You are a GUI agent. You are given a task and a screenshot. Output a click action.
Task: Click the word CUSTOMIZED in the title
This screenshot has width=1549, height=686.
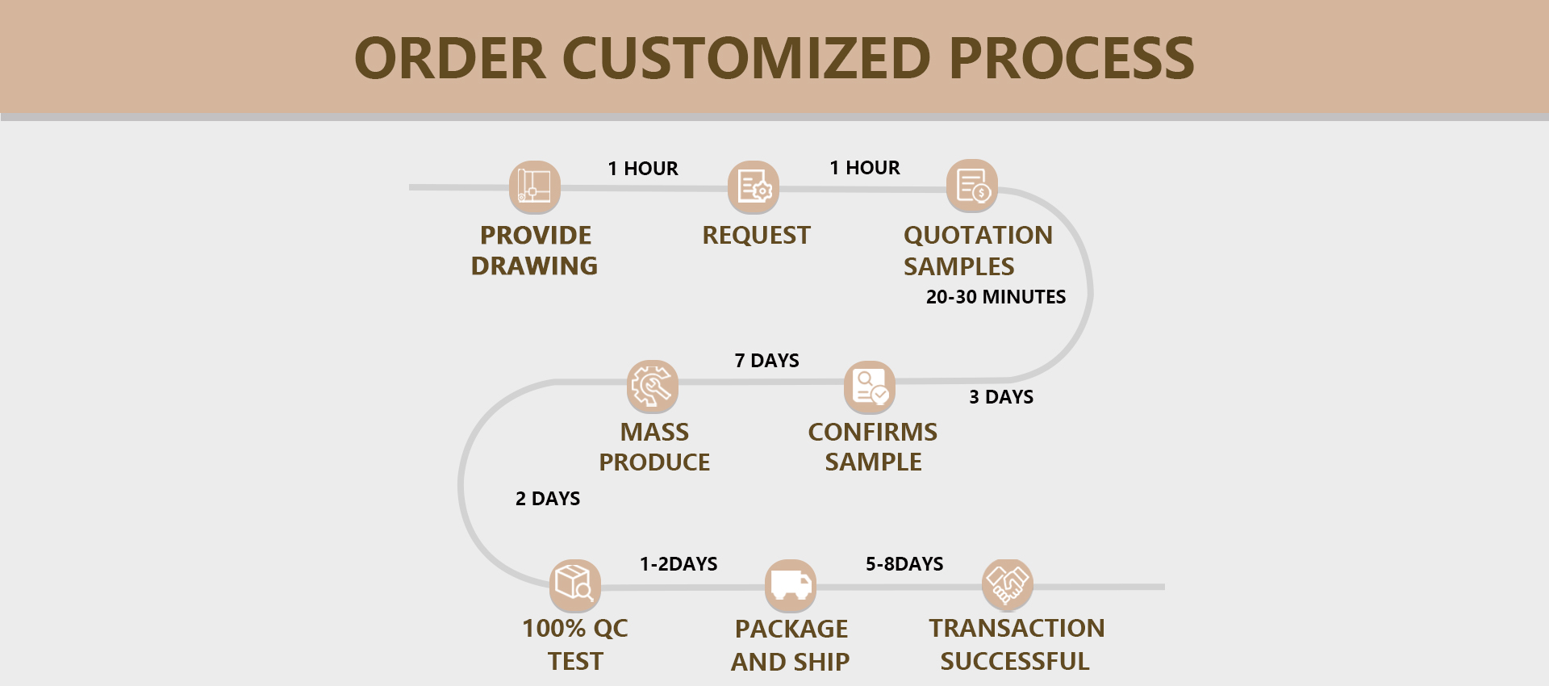746,58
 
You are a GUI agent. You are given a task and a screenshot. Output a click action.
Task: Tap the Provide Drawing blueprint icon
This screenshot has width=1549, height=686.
534,186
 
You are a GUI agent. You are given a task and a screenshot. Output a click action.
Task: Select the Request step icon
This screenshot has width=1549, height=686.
754,187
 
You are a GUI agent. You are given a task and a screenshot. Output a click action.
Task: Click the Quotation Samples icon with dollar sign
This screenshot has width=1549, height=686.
972,186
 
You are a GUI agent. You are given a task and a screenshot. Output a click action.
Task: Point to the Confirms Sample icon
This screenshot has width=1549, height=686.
870,386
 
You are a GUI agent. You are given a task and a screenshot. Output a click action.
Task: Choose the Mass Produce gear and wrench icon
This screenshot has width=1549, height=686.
653,386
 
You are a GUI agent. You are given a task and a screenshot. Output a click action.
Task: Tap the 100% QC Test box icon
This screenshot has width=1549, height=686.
575,584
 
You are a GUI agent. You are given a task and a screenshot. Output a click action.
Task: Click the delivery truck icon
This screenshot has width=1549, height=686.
791,585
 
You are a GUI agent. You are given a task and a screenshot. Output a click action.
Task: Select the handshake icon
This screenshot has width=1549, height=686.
1008,584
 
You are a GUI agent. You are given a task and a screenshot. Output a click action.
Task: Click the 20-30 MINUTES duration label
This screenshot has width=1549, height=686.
996,297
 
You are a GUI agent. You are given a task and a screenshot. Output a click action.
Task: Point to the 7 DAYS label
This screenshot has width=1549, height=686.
766,361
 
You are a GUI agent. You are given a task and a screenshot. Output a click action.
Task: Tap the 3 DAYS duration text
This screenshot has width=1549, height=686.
1001,397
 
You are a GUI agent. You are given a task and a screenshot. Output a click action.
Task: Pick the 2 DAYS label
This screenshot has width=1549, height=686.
548,499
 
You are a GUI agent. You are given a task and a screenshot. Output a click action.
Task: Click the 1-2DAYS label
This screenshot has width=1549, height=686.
678,564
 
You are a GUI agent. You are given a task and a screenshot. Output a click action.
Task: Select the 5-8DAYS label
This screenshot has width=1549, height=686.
904,564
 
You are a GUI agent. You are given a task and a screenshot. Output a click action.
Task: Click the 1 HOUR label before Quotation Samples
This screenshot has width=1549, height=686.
865,168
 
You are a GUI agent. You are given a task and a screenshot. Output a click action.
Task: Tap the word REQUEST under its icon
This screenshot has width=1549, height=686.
756,235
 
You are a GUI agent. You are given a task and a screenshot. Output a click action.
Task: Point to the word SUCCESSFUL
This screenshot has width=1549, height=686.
1015,661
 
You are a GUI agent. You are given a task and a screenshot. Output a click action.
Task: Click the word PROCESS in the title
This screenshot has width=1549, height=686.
1071,58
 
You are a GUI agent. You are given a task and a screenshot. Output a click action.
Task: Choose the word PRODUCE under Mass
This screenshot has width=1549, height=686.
654,462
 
